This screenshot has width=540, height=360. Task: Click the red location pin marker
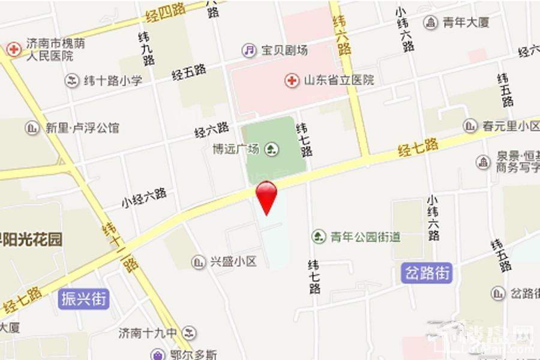(x=266, y=195)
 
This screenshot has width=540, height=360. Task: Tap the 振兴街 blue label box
(x=84, y=298)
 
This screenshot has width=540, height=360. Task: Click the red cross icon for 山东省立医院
(x=292, y=80)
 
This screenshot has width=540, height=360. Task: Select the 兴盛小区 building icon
(x=198, y=262)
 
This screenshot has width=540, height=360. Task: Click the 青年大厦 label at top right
(x=466, y=23)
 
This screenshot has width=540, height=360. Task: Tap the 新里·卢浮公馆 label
(x=82, y=128)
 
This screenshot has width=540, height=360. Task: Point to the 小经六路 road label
(x=144, y=197)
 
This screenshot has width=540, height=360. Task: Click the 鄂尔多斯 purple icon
(x=157, y=354)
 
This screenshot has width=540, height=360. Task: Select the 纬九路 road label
(x=146, y=49)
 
